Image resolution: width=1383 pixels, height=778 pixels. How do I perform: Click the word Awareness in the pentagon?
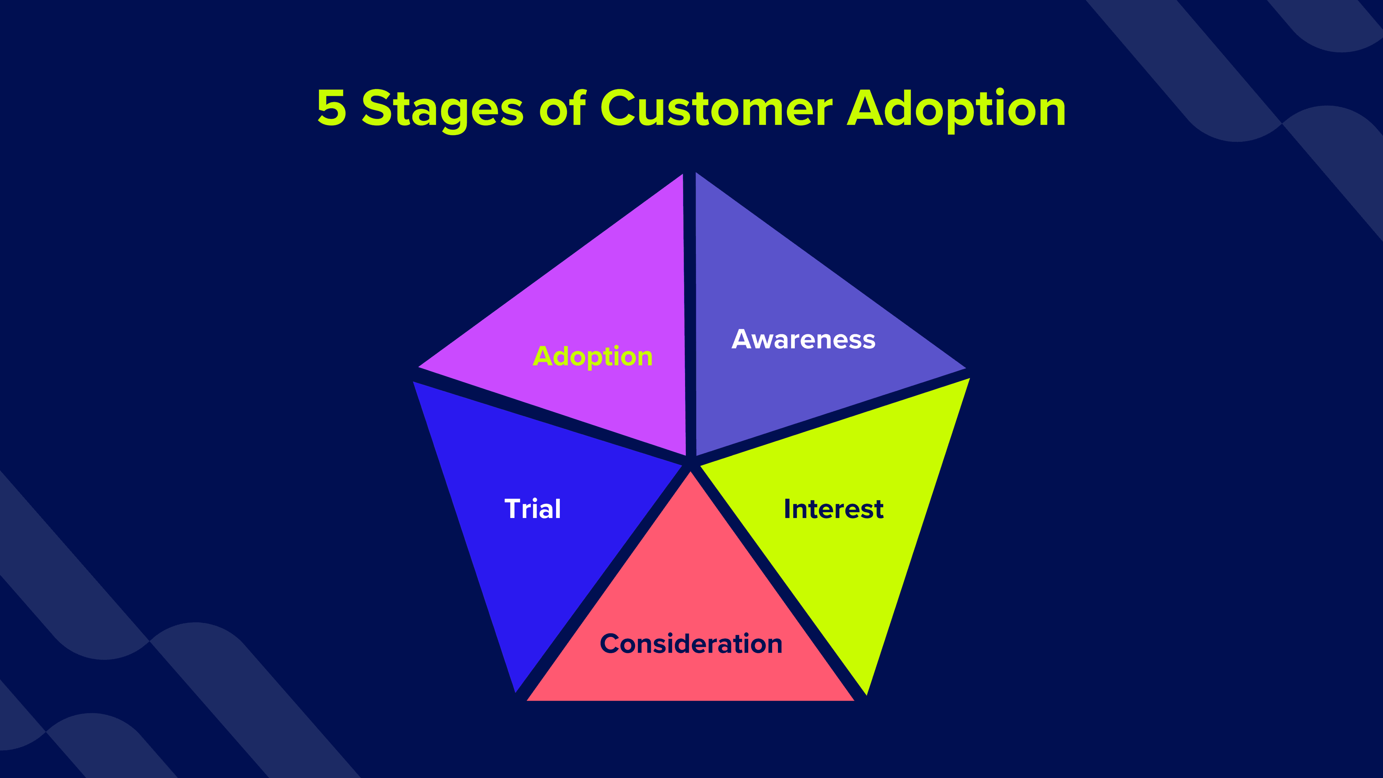(803, 339)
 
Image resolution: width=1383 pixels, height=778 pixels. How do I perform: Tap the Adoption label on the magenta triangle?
(592, 357)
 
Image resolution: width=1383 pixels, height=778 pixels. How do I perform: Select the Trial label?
(532, 509)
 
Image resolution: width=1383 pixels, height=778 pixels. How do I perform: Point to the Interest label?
(833, 509)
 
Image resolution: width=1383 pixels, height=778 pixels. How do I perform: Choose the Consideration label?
(691, 644)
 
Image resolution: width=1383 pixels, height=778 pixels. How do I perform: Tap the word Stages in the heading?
(442, 109)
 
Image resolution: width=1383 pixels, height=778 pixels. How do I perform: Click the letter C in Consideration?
(610, 644)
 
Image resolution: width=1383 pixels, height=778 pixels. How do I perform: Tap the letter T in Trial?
(513, 509)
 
